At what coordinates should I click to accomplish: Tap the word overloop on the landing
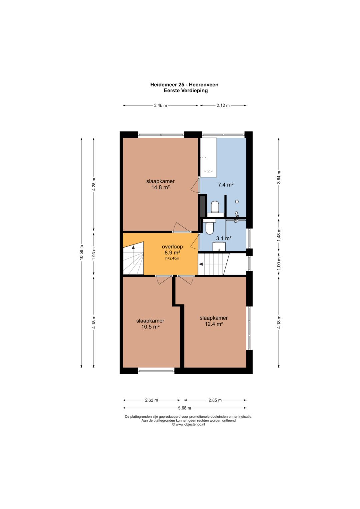[x=172, y=247]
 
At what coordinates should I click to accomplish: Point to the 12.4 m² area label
[x=214, y=324]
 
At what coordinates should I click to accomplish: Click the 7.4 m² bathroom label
[x=226, y=185]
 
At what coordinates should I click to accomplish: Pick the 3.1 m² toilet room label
[x=224, y=238]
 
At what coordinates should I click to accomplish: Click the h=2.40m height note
[x=172, y=258]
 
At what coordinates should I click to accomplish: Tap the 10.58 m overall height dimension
[x=81, y=253]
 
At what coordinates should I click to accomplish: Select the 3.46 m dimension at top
[x=160, y=105]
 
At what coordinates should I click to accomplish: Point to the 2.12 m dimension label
[x=223, y=105]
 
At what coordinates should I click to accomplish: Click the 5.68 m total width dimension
[x=185, y=408]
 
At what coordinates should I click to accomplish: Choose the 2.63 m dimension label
[x=151, y=400]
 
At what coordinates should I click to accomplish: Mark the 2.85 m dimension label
[x=215, y=400]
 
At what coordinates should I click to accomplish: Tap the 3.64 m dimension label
[x=279, y=177]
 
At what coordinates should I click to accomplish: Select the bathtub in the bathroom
[x=208, y=157]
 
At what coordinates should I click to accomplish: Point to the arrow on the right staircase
[x=201, y=264]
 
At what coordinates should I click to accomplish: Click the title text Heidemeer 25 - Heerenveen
[x=184, y=85]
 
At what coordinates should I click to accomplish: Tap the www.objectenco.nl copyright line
[x=188, y=424]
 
